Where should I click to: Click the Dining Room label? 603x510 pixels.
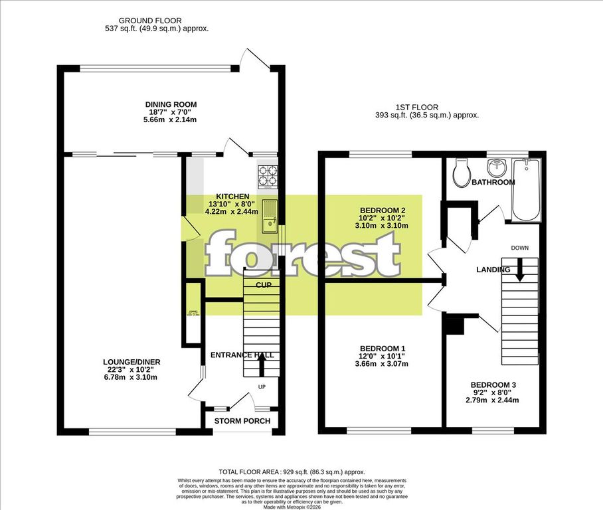[x=171, y=104]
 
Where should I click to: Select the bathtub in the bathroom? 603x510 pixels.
[x=527, y=190]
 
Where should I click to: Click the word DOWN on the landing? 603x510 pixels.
[x=519, y=248]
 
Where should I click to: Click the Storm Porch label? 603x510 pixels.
[x=242, y=421]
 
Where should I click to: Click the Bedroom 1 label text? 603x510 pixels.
[x=382, y=349]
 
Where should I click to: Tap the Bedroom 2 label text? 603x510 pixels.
[x=382, y=211]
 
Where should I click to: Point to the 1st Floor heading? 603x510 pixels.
[x=427, y=106]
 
